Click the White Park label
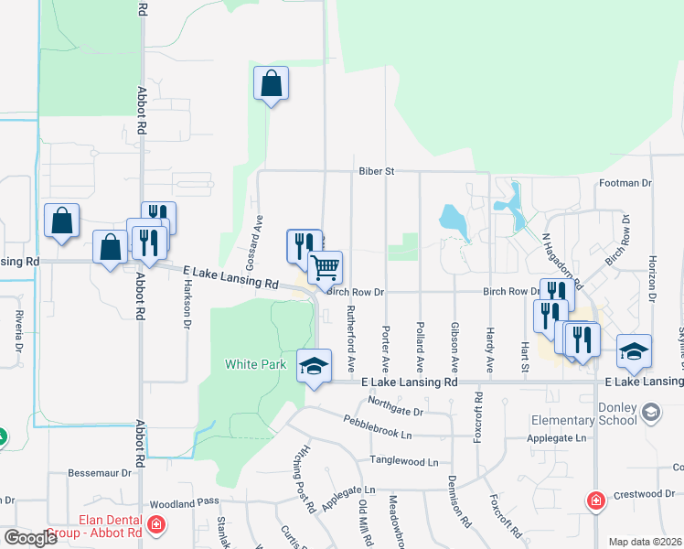click(x=256, y=364)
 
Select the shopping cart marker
click(x=326, y=268)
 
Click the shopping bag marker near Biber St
click(x=271, y=83)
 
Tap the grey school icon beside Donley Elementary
click(x=649, y=413)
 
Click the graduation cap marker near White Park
click(x=314, y=366)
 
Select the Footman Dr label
click(x=625, y=183)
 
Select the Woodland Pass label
click(x=186, y=503)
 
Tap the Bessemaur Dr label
click(x=101, y=474)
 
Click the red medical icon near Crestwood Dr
click(x=595, y=501)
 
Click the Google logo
click(x=30, y=538)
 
